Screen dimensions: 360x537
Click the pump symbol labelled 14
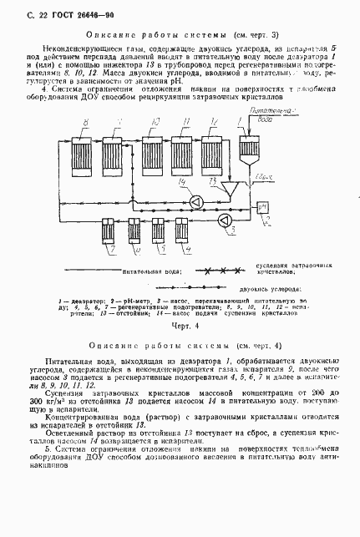(194, 202)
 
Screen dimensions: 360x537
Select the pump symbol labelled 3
(224, 220)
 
